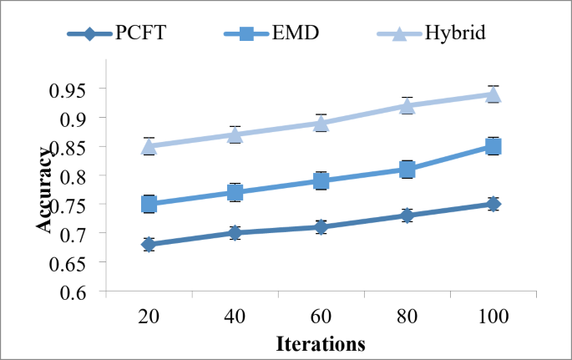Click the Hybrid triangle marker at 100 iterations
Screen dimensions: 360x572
tap(494, 94)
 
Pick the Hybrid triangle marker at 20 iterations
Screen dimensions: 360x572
tap(149, 146)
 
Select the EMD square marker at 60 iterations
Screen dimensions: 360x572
tap(321, 180)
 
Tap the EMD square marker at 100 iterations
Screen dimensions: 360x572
tap(494, 146)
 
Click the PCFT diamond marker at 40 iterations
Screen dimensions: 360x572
tap(235, 233)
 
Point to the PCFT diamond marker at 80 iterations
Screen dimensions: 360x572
tap(407, 215)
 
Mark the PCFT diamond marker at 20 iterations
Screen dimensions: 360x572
tap(149, 245)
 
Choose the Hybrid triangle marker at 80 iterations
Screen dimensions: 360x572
tap(407, 105)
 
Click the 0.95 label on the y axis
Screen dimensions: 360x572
tap(74, 89)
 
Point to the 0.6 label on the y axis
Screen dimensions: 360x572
tap(81, 292)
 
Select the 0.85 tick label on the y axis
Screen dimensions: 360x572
tap(74, 147)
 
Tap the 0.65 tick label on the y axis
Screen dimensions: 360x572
tap(74, 263)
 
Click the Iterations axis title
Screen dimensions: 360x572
tap(321, 342)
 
